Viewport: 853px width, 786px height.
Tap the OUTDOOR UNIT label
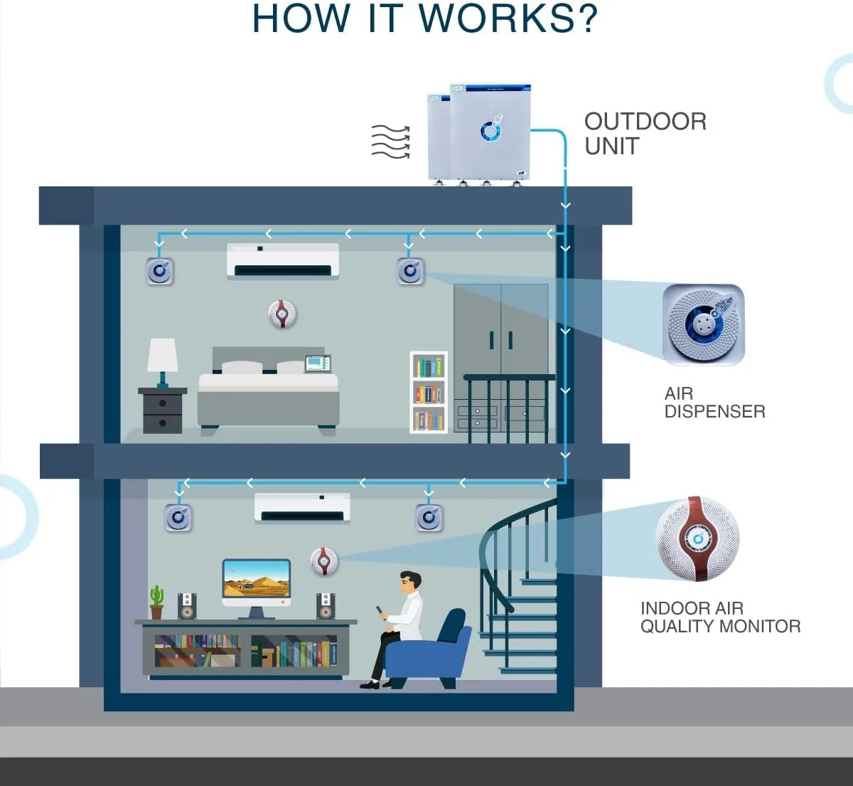(645, 133)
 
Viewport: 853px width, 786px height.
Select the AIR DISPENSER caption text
(714, 403)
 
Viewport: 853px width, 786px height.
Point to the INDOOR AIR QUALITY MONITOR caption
(720, 617)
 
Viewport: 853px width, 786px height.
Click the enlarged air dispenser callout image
(703, 324)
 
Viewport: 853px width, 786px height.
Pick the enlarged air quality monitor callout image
(697, 538)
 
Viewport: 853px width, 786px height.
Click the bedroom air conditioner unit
(283, 261)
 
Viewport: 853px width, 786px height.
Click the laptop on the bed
(318, 363)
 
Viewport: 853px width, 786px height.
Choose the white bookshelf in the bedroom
(429, 392)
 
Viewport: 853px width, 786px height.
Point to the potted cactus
(156, 602)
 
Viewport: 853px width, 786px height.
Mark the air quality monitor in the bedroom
(282, 314)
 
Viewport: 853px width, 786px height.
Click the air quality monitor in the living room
(324, 562)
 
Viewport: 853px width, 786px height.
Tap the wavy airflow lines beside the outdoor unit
(390, 141)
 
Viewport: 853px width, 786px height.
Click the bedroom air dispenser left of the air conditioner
(160, 271)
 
